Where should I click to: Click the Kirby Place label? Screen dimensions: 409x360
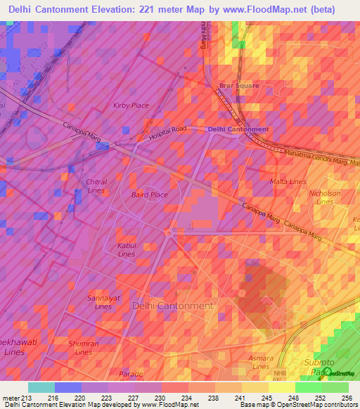coord(131,105)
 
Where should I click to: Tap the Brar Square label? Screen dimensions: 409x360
coord(238,86)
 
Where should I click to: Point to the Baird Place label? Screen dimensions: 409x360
coord(150,195)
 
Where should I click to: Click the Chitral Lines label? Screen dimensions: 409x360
coord(96,186)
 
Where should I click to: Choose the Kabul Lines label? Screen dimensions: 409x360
coord(127,249)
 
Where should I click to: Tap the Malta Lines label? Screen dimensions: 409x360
coord(285,182)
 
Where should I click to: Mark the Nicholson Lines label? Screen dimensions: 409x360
coord(325,197)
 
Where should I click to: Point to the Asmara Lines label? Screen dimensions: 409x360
coord(260,362)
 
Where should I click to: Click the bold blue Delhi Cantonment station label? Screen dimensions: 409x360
coord(238,129)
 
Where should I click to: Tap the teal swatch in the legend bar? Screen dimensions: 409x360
coord(41,387)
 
